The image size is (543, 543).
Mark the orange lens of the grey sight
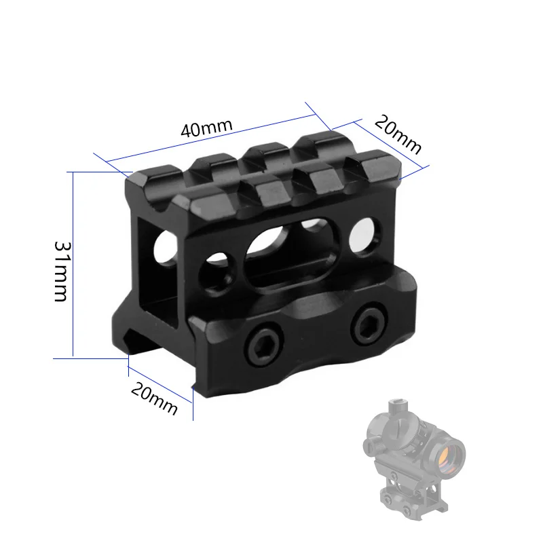click(x=447, y=454)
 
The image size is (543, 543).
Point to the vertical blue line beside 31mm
click(x=73, y=265)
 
